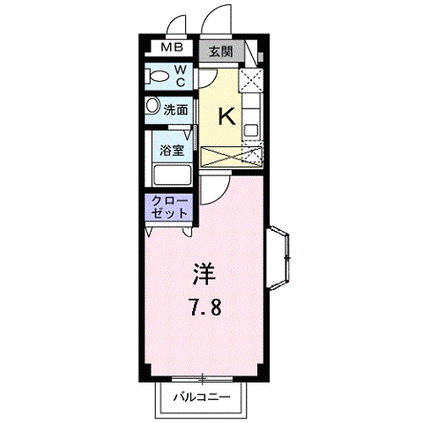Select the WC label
(179, 75)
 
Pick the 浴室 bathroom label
(172, 150)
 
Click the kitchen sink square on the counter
(251, 129)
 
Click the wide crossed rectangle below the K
(232, 158)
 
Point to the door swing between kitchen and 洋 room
(212, 187)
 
